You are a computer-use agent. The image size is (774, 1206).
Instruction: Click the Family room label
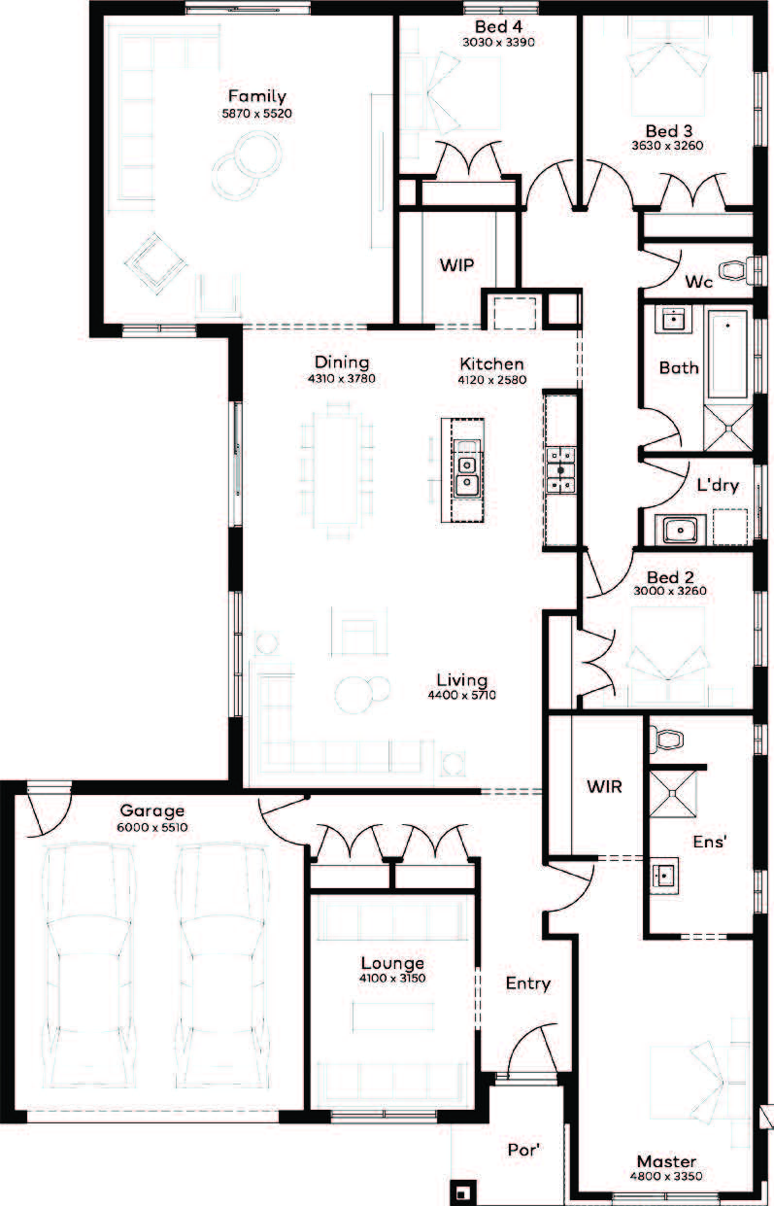[x=257, y=96]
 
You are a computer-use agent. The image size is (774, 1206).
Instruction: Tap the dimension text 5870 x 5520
[x=257, y=114]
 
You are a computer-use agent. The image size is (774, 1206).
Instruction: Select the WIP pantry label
[x=456, y=265]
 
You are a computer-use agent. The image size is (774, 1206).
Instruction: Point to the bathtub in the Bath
[x=727, y=355]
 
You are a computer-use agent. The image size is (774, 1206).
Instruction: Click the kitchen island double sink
[x=466, y=471]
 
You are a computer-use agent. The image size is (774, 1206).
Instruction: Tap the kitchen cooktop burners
[x=561, y=470]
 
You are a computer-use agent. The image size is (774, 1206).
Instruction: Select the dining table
[x=337, y=468]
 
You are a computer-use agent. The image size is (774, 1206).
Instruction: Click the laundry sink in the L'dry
[x=680, y=530]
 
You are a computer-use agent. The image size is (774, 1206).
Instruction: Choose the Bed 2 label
[x=670, y=577]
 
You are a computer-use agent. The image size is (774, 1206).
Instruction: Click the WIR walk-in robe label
[x=605, y=786]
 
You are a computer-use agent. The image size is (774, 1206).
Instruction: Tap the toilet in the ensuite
[x=666, y=739]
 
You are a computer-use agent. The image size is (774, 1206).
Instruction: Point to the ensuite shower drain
[x=672, y=793]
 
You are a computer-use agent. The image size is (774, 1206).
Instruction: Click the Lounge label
[x=392, y=963]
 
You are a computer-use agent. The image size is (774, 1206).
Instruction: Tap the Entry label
[x=528, y=983]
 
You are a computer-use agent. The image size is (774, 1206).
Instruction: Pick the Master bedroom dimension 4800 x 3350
[x=666, y=1175]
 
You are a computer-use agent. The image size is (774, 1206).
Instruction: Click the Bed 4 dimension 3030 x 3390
[x=498, y=42]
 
